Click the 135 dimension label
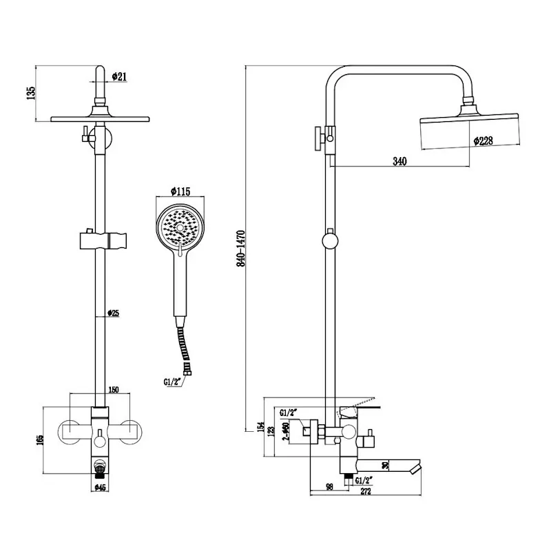pos(29,93)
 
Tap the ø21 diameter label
pos(118,76)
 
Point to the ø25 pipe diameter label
pos(114,314)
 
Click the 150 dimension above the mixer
pos(114,391)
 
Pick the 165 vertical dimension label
pos(41,439)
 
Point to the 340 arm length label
pos(399,161)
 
